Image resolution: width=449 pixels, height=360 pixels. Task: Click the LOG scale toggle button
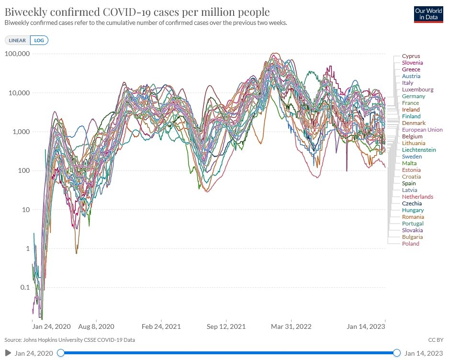39,41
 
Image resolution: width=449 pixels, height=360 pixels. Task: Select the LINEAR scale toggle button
17,41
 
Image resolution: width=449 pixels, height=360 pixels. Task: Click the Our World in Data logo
428,15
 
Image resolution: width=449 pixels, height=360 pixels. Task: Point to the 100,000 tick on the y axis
17,54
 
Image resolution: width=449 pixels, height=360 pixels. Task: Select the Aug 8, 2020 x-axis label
97,326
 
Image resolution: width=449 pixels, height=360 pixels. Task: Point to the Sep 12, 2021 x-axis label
226,326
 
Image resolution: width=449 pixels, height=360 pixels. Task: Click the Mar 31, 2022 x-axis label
292,326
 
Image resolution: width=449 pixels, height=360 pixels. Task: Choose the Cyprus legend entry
411,56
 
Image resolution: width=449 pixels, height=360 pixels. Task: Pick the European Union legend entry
422,130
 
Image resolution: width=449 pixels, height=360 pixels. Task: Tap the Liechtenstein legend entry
419,150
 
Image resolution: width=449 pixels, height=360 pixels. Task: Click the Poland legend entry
410,244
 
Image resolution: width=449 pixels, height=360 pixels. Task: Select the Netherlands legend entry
417,197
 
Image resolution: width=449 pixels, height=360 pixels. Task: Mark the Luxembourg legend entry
417,90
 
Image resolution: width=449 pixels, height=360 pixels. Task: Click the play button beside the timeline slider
8,353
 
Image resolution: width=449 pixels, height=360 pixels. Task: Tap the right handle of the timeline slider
397,353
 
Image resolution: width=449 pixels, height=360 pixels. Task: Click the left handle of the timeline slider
61,353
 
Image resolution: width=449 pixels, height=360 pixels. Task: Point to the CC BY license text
436,340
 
